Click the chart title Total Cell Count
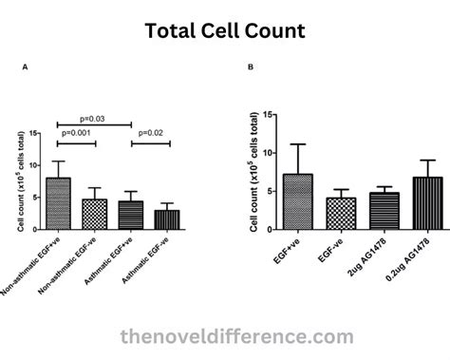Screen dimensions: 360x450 click(225, 30)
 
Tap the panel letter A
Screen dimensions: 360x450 click(25, 67)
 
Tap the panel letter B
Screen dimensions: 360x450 click(251, 67)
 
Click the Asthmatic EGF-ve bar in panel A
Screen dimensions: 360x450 click(167, 219)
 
